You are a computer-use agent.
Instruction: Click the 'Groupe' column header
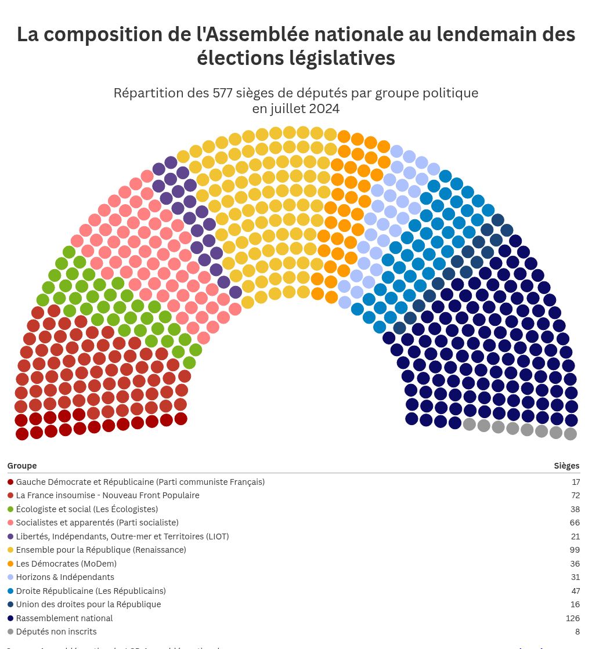click(x=22, y=466)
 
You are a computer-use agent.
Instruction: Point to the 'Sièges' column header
click(x=566, y=466)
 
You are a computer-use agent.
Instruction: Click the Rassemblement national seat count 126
click(x=572, y=618)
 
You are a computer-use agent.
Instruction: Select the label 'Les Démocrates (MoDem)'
click(x=66, y=564)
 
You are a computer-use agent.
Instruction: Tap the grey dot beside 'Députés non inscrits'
click(x=10, y=632)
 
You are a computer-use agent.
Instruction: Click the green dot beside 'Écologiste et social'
click(x=10, y=509)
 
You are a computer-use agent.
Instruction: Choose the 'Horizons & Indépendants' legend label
click(x=65, y=577)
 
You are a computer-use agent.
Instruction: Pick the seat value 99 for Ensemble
click(x=575, y=550)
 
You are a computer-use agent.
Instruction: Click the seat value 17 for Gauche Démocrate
click(x=575, y=482)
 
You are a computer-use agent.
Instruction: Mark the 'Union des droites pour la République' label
click(x=88, y=604)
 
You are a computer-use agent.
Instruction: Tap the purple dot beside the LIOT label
click(x=10, y=536)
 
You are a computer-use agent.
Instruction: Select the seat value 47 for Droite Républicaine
click(x=575, y=591)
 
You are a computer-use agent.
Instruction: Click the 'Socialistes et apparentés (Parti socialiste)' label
click(x=97, y=523)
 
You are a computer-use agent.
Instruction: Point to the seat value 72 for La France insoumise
click(x=575, y=495)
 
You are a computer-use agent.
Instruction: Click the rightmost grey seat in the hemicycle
click(x=570, y=434)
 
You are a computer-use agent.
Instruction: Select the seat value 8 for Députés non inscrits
click(x=577, y=632)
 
